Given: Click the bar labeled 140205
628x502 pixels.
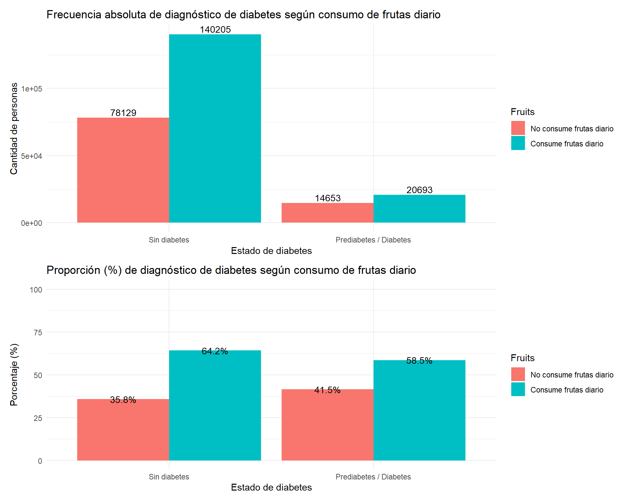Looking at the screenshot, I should pyautogui.click(x=215, y=128).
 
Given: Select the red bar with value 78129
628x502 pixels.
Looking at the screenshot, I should pyautogui.click(x=123, y=170).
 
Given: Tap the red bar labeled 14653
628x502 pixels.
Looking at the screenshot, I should pyautogui.click(x=327, y=213).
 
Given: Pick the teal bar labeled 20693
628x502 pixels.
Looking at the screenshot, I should pyautogui.click(x=419, y=209).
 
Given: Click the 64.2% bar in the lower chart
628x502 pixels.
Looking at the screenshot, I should pyautogui.click(x=215, y=405).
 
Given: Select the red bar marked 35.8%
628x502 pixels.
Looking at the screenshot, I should pyautogui.click(x=123, y=430).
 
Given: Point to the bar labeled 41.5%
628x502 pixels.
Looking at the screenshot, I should pyautogui.click(x=327, y=425).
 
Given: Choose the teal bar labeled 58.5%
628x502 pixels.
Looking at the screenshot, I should pyautogui.click(x=419, y=410).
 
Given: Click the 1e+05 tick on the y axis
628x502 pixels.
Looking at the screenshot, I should pyautogui.click(x=32, y=89).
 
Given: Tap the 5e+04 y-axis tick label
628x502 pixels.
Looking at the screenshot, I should pyautogui.click(x=32, y=156).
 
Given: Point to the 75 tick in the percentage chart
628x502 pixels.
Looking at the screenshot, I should pyautogui.click(x=38, y=333).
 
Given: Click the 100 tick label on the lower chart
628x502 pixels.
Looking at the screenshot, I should pyautogui.click(x=36, y=290).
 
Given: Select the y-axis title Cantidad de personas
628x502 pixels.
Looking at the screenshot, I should pyautogui.click(x=14, y=128).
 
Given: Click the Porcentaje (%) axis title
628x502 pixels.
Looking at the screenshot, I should pyautogui.click(x=14, y=375).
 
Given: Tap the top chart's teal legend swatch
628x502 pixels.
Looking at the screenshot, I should pyautogui.click(x=518, y=143).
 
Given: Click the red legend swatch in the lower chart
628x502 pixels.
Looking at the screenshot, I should pyautogui.click(x=518, y=374).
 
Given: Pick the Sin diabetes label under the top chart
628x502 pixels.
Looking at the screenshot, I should pyautogui.click(x=169, y=240).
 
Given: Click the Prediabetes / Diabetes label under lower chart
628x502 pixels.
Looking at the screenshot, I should pyautogui.click(x=373, y=477).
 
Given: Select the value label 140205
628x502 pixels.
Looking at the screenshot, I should pyautogui.click(x=215, y=30).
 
